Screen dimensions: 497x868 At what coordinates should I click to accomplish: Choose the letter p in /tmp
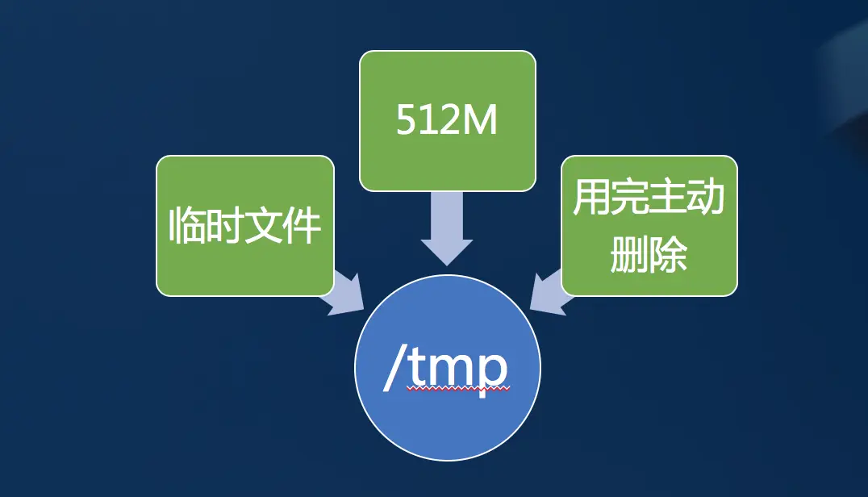point(492,373)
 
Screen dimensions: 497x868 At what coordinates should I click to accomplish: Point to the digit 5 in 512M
point(406,122)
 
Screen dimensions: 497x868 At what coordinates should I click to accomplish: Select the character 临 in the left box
point(187,226)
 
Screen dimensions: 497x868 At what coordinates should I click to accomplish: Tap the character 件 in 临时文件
point(303,226)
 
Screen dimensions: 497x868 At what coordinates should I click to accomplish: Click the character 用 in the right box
point(590,198)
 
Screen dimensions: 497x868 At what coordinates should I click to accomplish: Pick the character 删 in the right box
point(628,253)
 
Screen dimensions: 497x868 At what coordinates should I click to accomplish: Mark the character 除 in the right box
point(669,253)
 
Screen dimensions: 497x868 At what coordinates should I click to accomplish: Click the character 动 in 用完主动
point(707,198)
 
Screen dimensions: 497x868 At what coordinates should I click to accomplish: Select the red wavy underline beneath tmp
point(458,389)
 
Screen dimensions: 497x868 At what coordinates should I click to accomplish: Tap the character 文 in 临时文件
point(265,226)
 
